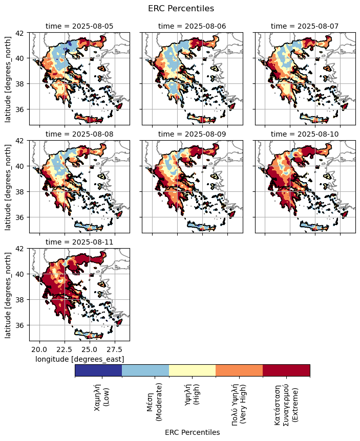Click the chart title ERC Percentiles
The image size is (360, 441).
tap(181, 8)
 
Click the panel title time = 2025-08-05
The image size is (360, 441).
tap(79, 26)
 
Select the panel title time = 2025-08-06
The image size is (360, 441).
tap(192, 26)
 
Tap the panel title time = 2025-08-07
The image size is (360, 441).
tap(305, 26)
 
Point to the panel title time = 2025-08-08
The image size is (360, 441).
tap(79, 134)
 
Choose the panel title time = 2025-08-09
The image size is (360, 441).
tap(192, 134)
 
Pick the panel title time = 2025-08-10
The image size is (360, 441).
tap(305, 134)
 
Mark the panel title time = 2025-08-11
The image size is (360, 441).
tap(79, 241)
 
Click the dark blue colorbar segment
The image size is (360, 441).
tap(98, 370)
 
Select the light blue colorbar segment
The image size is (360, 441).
tap(145, 370)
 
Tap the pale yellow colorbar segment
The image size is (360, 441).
tap(192, 370)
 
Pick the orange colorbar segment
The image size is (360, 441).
tap(239, 370)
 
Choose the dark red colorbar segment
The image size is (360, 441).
tap(286, 370)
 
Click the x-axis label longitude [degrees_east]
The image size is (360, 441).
tap(79, 359)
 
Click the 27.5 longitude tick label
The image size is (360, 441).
tap(115, 349)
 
